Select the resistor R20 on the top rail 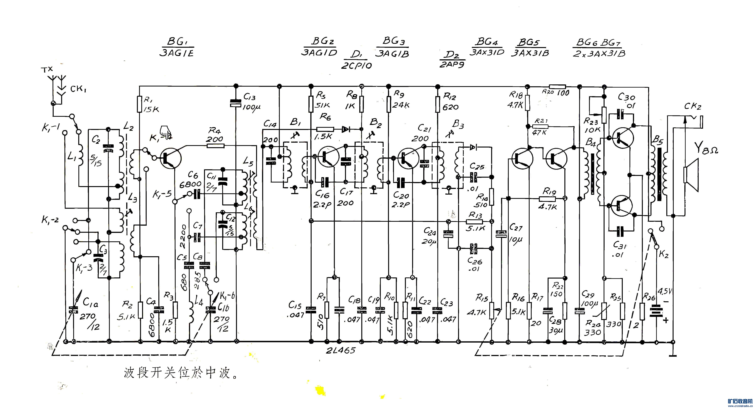(557, 87)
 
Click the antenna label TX (47, 70)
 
